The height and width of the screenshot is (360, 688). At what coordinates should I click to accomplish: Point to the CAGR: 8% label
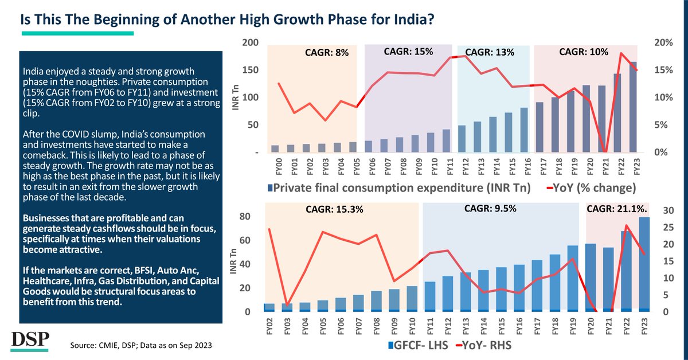(x=326, y=53)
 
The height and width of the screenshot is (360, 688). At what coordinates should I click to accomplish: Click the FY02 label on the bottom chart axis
(x=269, y=326)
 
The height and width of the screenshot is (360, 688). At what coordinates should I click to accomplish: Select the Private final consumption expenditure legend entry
(x=397, y=187)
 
